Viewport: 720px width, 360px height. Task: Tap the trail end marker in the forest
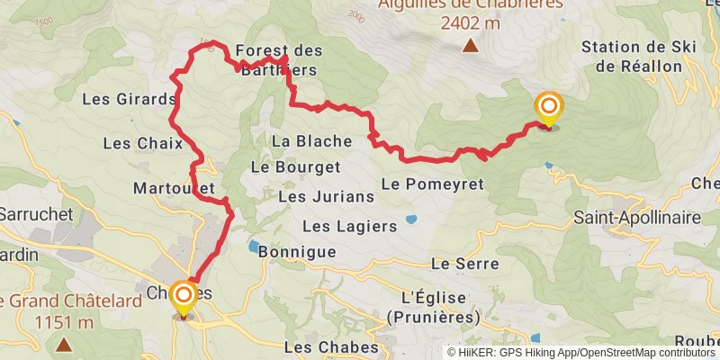548,109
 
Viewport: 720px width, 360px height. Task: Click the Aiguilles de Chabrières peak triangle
470,47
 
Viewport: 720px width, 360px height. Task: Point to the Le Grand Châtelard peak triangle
64,344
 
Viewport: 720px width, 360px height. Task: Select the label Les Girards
128,99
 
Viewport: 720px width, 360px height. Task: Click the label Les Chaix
142,143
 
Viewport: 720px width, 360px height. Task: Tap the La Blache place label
305,140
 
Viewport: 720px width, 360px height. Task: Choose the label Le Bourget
295,166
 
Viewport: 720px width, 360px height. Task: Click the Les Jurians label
313,195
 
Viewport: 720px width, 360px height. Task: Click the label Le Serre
464,264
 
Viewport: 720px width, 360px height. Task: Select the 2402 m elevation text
470,24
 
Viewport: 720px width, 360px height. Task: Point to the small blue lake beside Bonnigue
254,245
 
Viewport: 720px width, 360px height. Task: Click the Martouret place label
173,188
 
